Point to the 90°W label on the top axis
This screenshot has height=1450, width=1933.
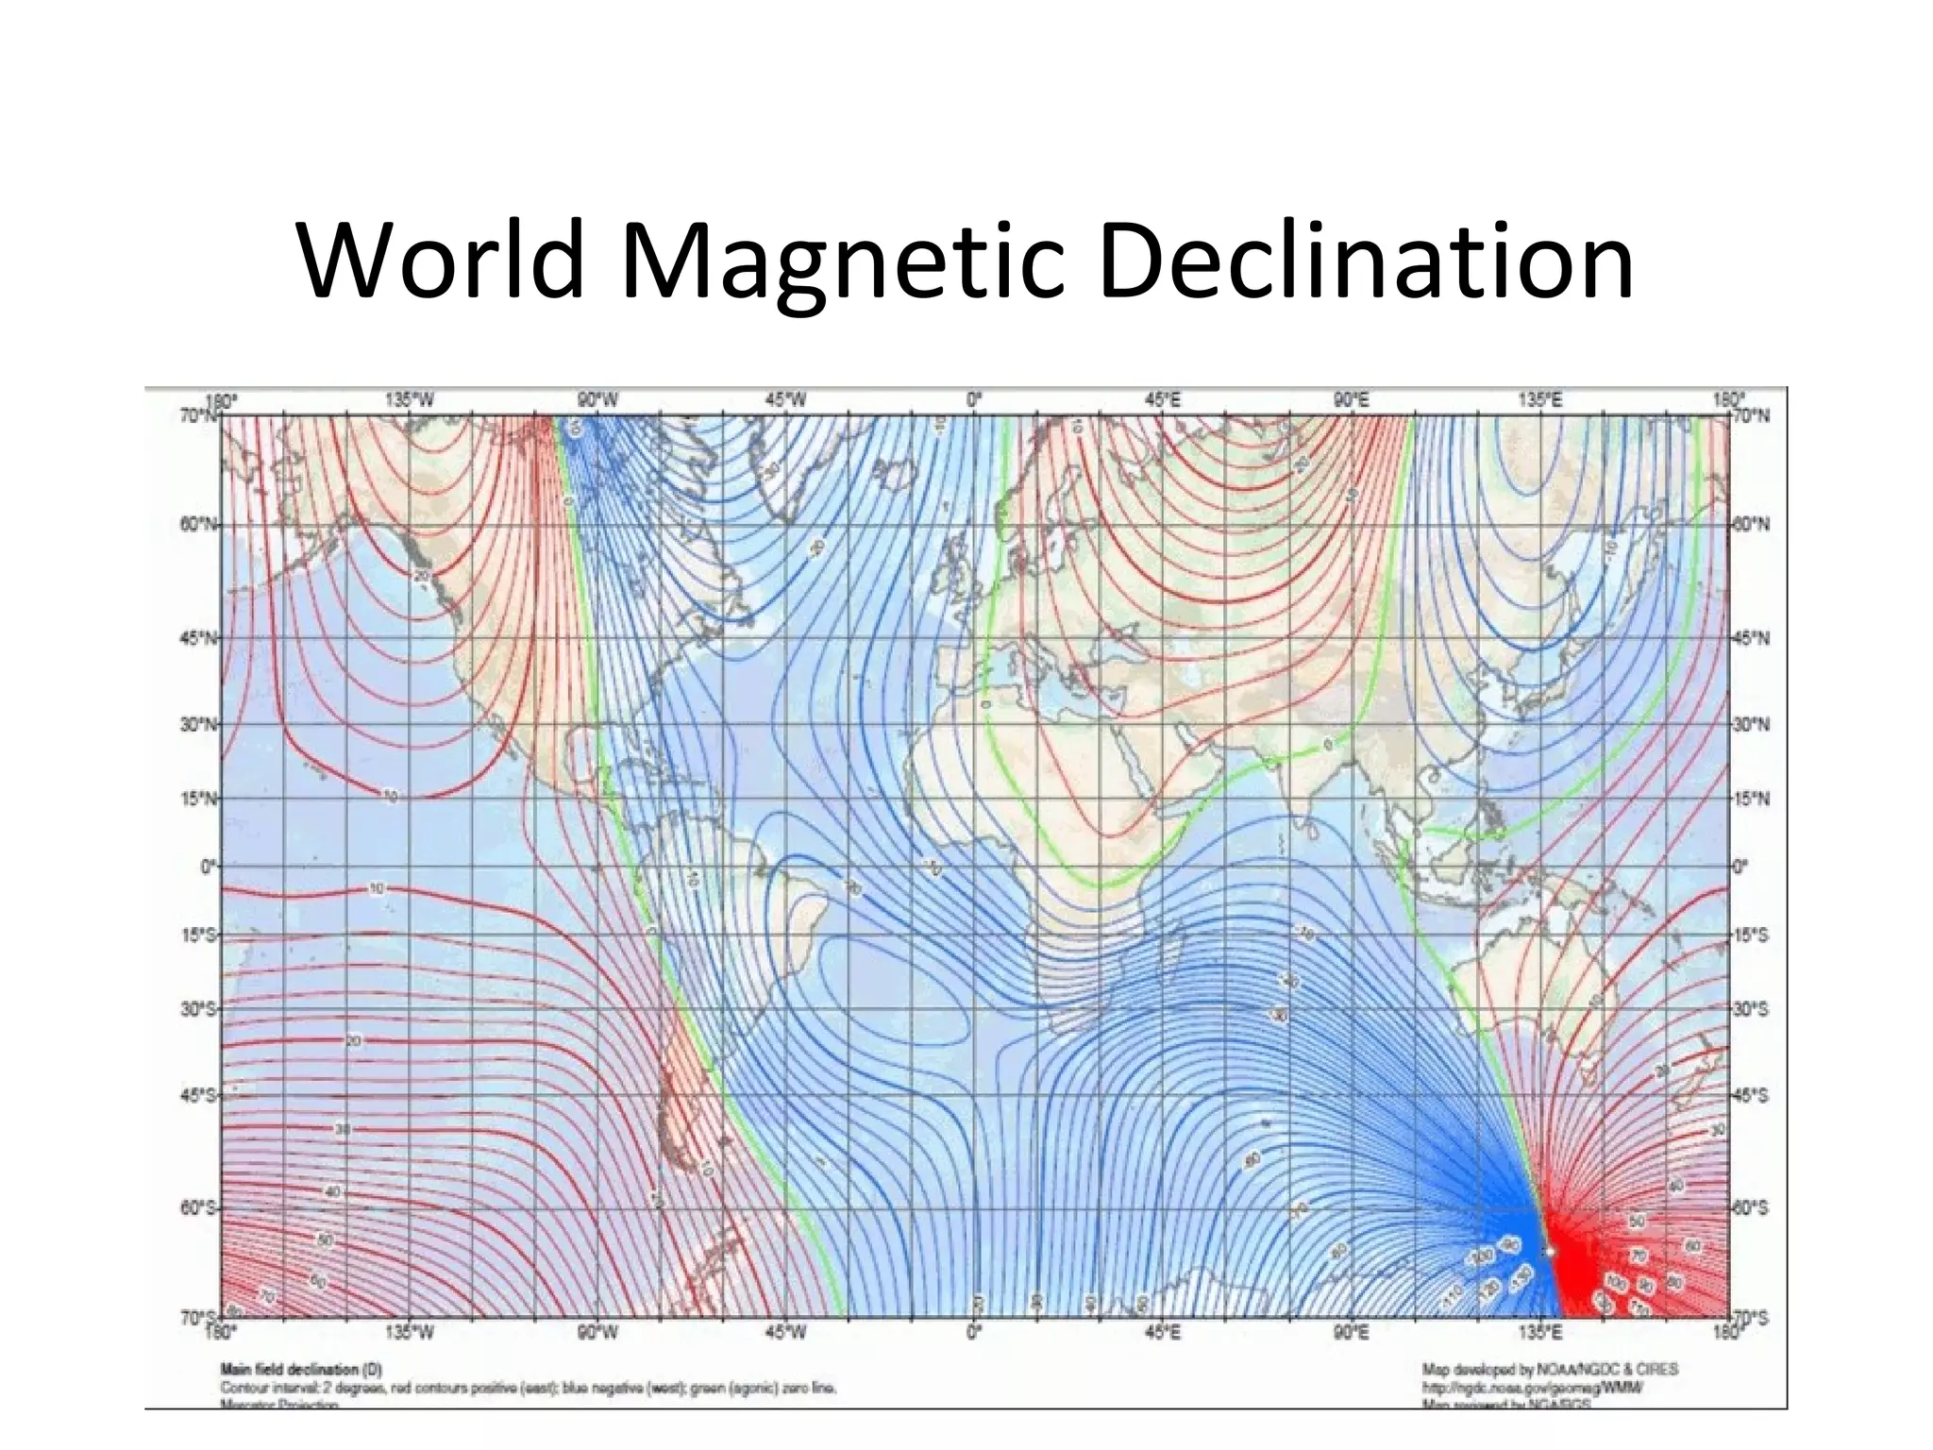click(x=597, y=400)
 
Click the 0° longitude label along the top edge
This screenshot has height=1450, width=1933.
click(x=974, y=400)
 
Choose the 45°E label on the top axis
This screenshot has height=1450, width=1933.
click(x=1162, y=400)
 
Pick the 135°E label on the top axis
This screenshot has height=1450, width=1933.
click(x=1539, y=400)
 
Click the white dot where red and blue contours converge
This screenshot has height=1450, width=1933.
click(x=1549, y=1251)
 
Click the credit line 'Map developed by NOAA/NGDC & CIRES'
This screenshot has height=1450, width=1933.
click(x=1550, y=1369)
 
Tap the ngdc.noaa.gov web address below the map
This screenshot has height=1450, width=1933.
click(x=1533, y=1388)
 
